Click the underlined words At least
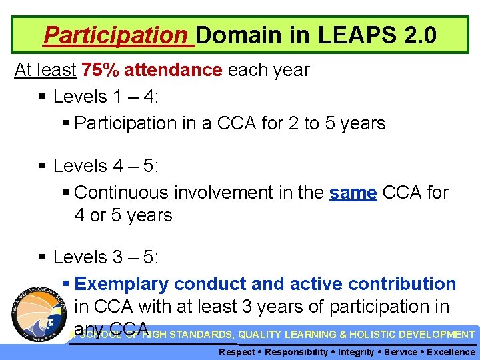pyautogui.click(x=45, y=70)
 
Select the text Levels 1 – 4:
pyautogui.click(x=106, y=97)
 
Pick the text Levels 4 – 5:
pyautogui.click(x=106, y=165)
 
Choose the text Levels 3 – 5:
pyautogui.click(x=106, y=257)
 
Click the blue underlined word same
pyautogui.click(x=353, y=193)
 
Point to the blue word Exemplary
pyautogui.click(x=119, y=284)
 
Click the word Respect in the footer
pyautogui.click(x=237, y=352)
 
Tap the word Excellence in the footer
pyautogui.click(x=451, y=352)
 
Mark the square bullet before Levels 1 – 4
pyautogui.click(x=42, y=97)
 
